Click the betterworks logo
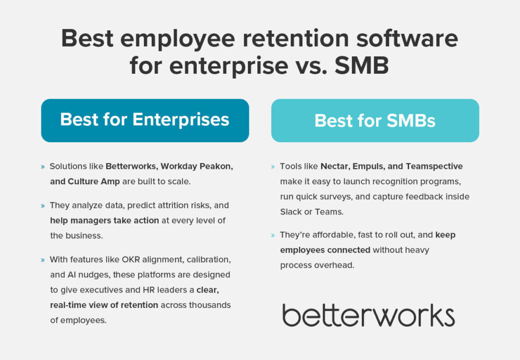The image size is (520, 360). [368, 315]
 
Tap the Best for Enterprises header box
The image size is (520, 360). [145, 120]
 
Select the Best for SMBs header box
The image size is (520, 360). [375, 121]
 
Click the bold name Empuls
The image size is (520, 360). [372, 166]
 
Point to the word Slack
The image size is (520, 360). [291, 211]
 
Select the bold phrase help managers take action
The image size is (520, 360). [105, 220]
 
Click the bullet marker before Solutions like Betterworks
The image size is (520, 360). [42, 167]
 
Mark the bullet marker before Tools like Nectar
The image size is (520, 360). [273, 167]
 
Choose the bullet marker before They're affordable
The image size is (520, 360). [273, 235]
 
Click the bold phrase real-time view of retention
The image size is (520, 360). [104, 305]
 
